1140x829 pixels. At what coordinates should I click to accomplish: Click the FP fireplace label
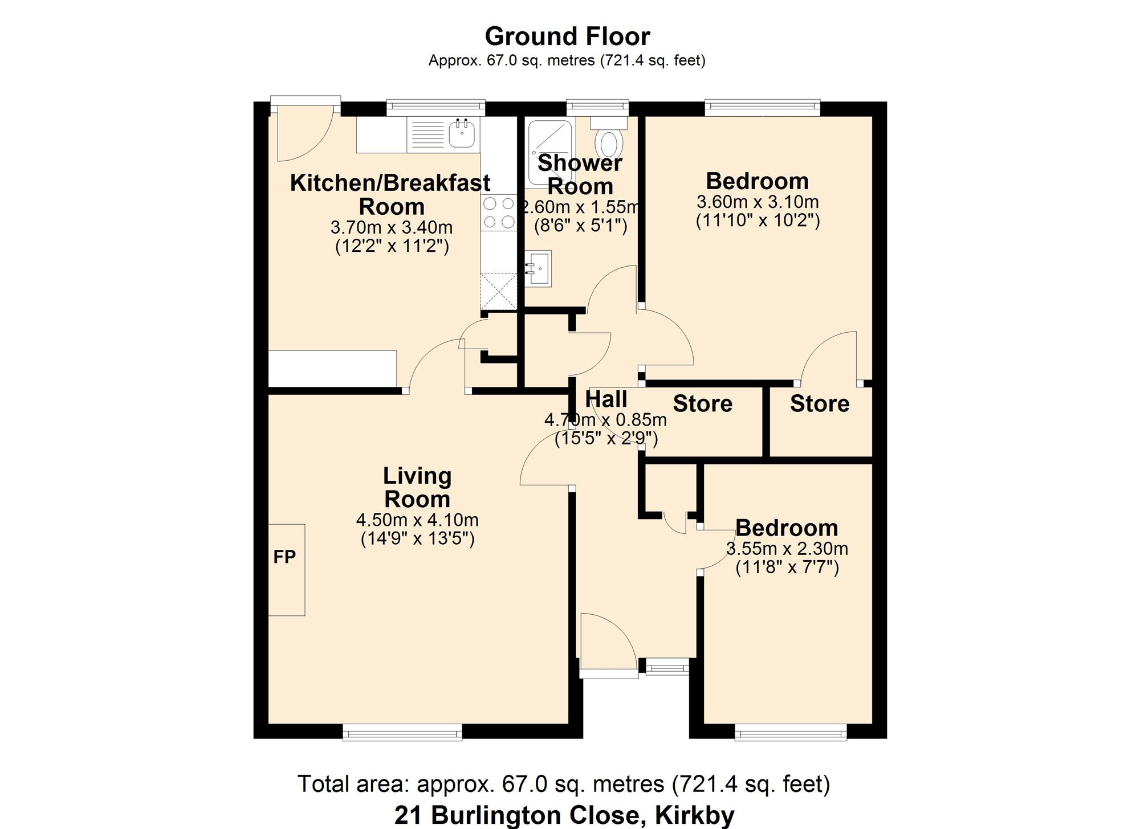(284, 557)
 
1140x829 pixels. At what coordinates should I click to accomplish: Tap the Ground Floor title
(567, 36)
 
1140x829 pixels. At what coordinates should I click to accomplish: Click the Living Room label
(417, 487)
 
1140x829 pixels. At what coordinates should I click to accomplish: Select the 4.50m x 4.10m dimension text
(417, 520)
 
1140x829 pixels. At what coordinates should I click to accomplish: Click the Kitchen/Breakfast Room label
(390, 194)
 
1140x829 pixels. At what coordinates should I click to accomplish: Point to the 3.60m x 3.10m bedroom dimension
(758, 202)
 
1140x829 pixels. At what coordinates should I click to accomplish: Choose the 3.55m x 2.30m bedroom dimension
(787, 549)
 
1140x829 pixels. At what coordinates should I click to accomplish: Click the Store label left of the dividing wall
(702, 403)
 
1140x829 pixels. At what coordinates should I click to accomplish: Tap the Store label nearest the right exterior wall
(820, 403)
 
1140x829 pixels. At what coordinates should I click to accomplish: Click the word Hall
(606, 399)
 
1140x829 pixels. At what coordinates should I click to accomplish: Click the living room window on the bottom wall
(402, 732)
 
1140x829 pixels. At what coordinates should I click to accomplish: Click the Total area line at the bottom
(564, 784)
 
